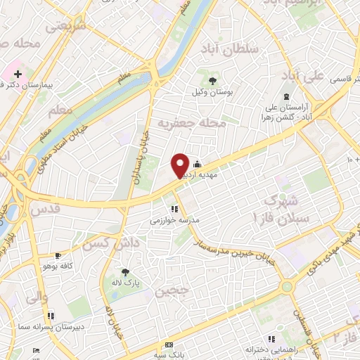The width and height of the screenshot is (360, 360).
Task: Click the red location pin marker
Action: [x=180, y=165]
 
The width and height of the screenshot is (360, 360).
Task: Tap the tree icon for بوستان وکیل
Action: [x=213, y=80]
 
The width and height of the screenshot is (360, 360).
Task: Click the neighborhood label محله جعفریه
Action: [x=191, y=124]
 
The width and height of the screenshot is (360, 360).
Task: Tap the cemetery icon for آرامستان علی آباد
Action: [x=285, y=97]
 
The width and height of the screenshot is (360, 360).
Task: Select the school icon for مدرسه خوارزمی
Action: [x=174, y=208]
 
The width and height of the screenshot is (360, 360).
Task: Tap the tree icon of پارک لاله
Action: [x=126, y=271]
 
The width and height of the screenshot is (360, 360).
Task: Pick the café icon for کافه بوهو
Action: [x=58, y=255]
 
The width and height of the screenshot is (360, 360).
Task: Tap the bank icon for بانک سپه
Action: [x=169, y=345]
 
